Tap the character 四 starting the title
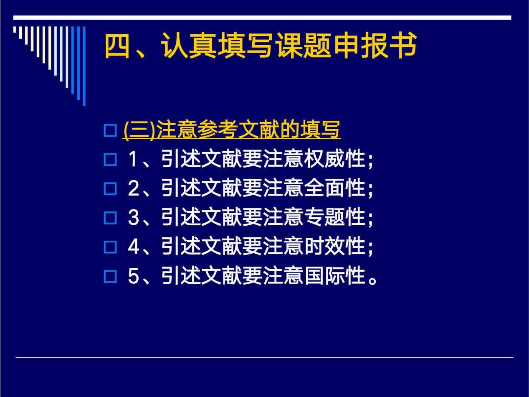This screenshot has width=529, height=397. [x=117, y=46]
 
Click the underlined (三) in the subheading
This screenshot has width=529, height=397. [x=139, y=130]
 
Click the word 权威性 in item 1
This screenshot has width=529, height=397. [x=334, y=159]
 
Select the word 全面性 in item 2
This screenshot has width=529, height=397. [x=334, y=188]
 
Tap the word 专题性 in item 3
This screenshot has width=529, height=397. [x=334, y=217]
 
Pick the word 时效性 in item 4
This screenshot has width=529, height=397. [x=334, y=246]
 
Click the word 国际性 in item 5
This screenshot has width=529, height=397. [x=334, y=275]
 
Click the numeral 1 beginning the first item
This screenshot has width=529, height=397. [x=133, y=159]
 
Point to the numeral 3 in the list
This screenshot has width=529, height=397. [x=133, y=217]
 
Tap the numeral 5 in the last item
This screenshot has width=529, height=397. [x=133, y=275]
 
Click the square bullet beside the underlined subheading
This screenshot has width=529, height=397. [x=110, y=130]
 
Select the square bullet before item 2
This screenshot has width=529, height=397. [x=110, y=188]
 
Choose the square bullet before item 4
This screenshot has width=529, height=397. [x=110, y=247]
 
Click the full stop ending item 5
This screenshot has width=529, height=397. [x=372, y=281]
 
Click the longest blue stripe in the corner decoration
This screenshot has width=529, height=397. [x=84, y=66]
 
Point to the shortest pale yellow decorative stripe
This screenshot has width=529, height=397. [x=15, y=29]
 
